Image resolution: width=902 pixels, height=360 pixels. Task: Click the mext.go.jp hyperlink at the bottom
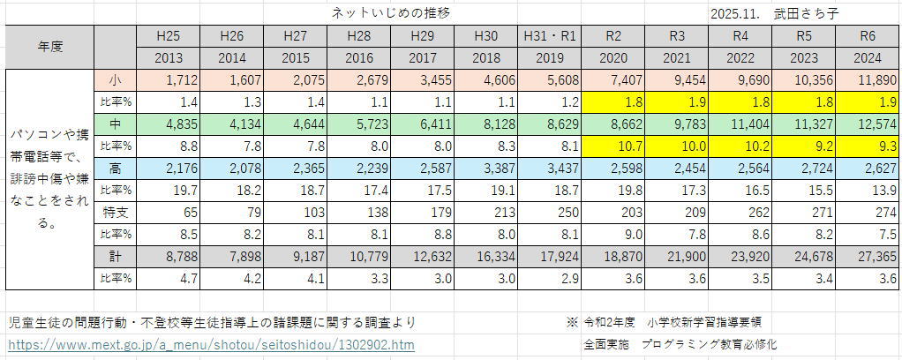point(210,344)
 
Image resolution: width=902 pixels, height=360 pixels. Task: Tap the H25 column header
point(168,37)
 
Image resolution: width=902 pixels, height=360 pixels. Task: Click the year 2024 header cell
point(870,58)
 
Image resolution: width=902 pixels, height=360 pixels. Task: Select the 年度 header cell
point(49,48)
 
